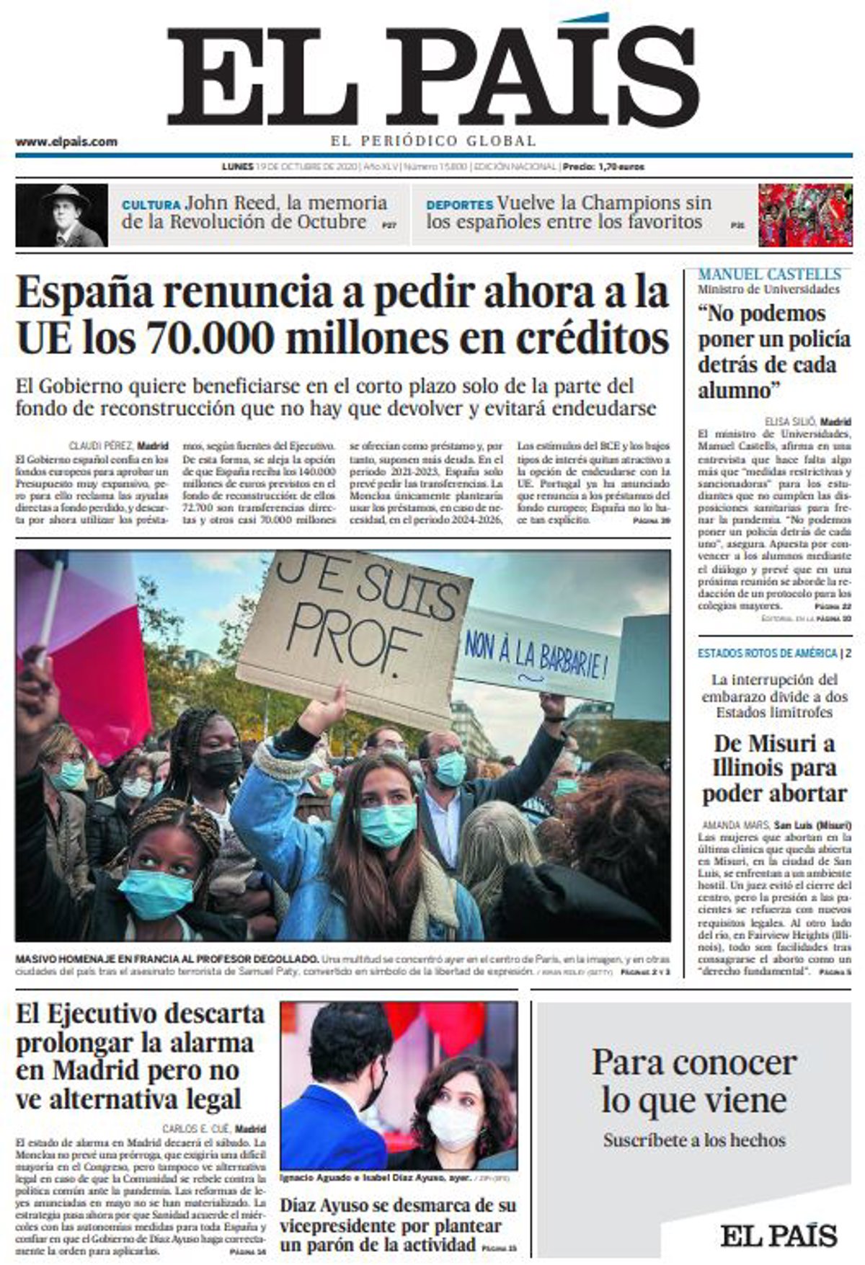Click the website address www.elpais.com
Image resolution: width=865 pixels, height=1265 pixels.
coord(66,142)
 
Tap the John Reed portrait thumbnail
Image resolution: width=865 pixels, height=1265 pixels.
coord(61,216)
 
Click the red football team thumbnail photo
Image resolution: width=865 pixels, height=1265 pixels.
coord(804,216)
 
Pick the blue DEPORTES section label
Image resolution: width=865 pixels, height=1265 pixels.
coord(459,205)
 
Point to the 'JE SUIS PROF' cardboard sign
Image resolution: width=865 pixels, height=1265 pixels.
coord(353,627)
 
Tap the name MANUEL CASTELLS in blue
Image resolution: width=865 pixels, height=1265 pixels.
coord(768,275)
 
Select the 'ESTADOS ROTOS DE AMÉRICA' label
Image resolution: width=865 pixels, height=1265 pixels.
coord(767,653)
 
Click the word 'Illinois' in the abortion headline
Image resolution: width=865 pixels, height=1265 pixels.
coord(774,768)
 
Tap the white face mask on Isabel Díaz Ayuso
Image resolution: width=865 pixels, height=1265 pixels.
coord(452,1126)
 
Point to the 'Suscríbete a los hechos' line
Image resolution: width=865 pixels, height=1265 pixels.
coord(694,1140)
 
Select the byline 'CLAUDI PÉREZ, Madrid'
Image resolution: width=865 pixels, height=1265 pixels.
coord(119,445)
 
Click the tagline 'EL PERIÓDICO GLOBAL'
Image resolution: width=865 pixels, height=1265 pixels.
coord(433,141)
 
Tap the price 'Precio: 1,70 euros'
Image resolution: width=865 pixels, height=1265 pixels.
coord(603,167)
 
